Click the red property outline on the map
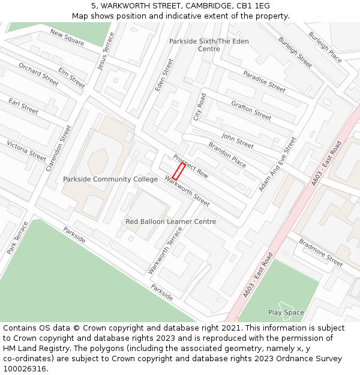click(179, 171)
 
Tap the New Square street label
click(67, 37)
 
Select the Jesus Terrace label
click(105, 51)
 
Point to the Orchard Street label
click(38, 74)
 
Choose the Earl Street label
click(23, 107)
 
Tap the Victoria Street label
click(26, 151)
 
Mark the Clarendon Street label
click(58, 148)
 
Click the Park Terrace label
click(18, 238)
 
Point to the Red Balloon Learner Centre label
click(171, 222)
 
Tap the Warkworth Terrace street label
click(165, 251)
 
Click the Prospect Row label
click(191, 166)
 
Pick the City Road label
click(199, 107)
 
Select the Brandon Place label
click(227, 155)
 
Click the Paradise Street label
click(264, 81)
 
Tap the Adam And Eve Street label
click(277, 164)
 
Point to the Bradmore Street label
click(321, 253)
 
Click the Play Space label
click(286, 313)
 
